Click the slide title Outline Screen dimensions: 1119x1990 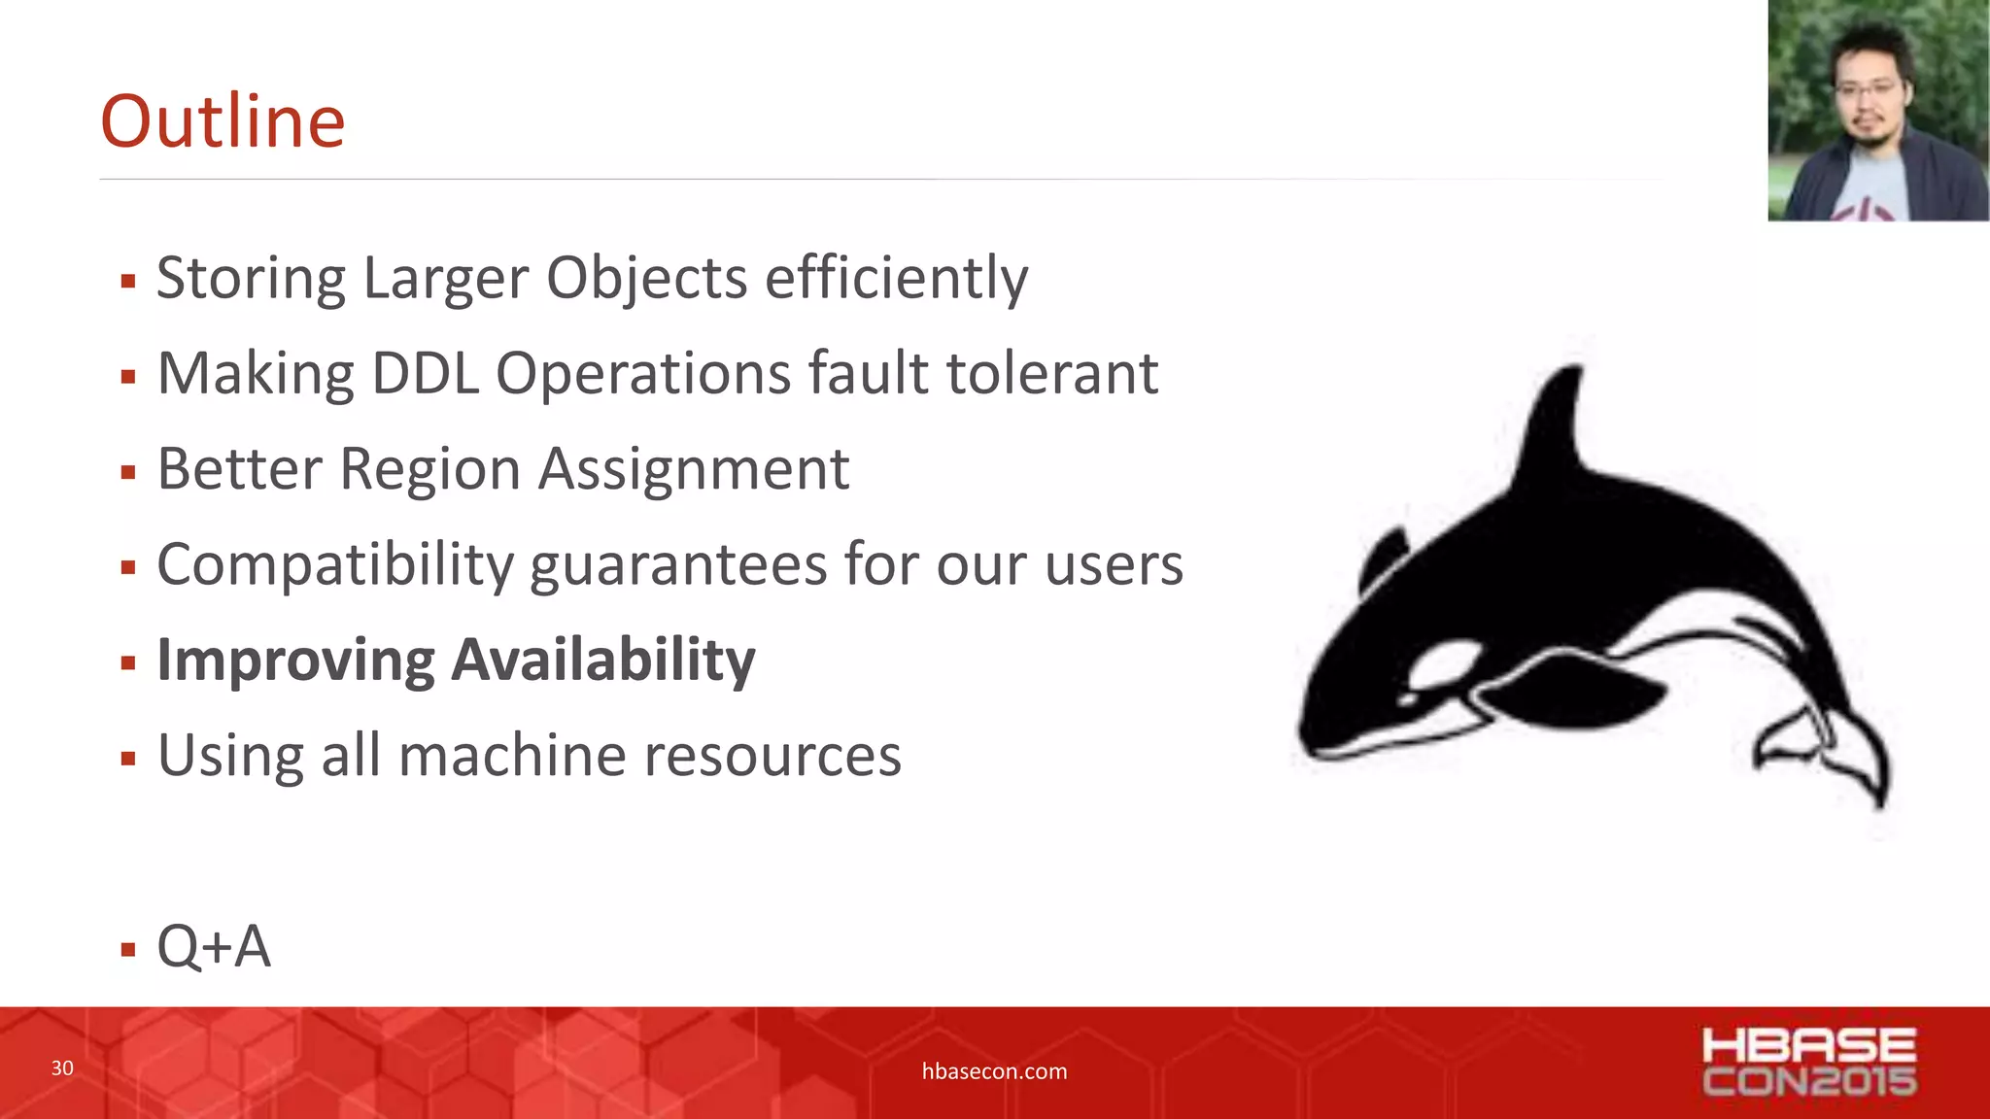point(223,121)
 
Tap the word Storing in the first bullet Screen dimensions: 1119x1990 point(251,279)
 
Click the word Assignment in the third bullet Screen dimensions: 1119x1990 point(694,470)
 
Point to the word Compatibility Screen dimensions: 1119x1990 point(334,565)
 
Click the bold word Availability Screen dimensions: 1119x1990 point(603,661)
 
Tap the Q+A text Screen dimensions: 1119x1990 point(214,946)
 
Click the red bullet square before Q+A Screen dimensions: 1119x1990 point(128,949)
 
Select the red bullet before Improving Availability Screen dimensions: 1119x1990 point(128,663)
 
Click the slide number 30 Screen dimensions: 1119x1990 point(62,1068)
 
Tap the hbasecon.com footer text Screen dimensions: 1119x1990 point(994,1071)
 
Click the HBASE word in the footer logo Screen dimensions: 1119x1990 point(1808,1046)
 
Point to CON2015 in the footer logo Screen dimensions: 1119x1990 point(1808,1081)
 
